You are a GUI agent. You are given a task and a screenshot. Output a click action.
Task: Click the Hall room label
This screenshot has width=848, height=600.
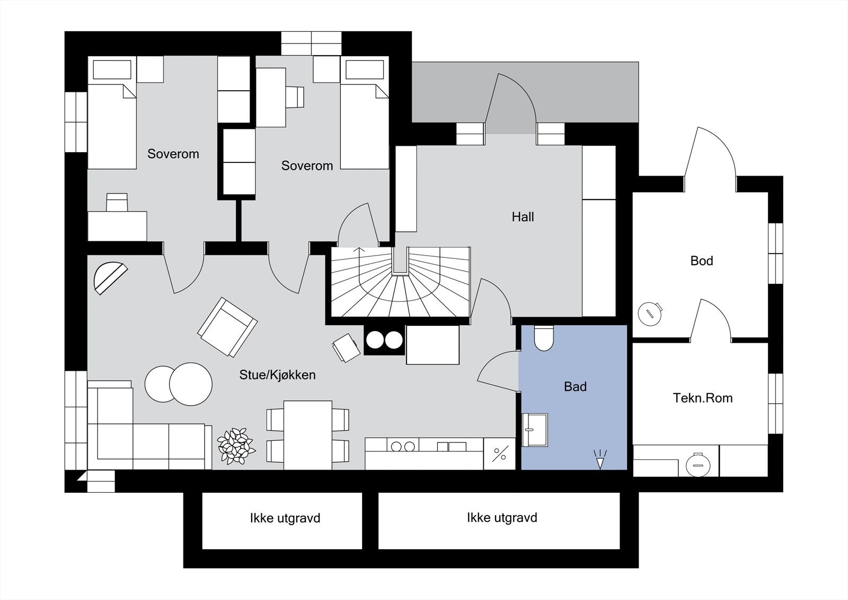[x=523, y=217]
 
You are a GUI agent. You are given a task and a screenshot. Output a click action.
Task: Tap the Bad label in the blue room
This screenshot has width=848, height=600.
[x=575, y=387]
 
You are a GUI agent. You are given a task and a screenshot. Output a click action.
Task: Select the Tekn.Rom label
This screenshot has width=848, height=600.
[x=703, y=398]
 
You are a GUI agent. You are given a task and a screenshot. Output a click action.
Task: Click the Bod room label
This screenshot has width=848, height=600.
[x=702, y=261]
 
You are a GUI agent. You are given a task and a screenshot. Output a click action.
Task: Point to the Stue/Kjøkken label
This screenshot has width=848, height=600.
[x=278, y=375]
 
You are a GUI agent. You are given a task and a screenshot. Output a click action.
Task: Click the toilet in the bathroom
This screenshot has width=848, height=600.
[x=544, y=338]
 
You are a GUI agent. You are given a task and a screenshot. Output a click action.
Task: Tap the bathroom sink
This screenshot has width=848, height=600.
[x=535, y=430]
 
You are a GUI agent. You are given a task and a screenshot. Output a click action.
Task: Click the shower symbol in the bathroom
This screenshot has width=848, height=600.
[x=600, y=459]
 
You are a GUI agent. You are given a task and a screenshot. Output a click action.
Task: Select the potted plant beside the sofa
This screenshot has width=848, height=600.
[x=235, y=446]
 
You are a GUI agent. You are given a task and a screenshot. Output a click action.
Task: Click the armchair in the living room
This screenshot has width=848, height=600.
[x=227, y=327]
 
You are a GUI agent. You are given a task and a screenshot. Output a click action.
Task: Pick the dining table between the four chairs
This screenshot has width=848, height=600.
[x=308, y=435]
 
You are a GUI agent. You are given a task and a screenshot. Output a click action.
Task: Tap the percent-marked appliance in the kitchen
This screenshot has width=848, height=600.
[x=500, y=454]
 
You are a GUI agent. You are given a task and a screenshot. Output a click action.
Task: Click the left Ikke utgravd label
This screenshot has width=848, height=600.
[x=285, y=518]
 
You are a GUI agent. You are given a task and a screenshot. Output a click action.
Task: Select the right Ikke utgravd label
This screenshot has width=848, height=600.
[x=502, y=518]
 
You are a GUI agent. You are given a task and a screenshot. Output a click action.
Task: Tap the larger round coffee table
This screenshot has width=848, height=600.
[x=191, y=384]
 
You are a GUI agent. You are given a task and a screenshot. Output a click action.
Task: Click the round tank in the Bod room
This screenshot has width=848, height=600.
[x=650, y=314]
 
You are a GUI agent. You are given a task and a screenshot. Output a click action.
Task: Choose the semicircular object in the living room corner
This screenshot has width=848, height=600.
[x=110, y=278]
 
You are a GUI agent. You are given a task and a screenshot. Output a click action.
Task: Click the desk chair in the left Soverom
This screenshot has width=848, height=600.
[x=117, y=203]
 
